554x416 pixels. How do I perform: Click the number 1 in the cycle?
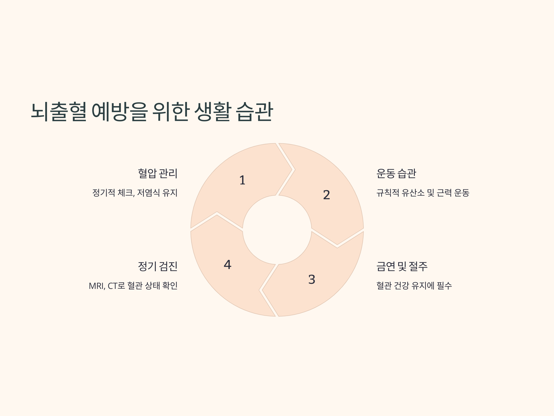pyautogui.click(x=242, y=180)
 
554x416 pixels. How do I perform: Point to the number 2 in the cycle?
pyautogui.click(x=326, y=195)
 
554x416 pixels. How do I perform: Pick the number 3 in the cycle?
pyautogui.click(x=312, y=279)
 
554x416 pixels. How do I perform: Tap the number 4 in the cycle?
pyautogui.click(x=227, y=265)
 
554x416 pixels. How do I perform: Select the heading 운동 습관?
pyautogui.click(x=396, y=173)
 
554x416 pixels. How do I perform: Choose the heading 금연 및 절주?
pyautogui.click(x=402, y=266)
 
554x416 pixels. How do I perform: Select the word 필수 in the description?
pyautogui.click(x=444, y=286)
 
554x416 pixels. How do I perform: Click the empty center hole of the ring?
pyautogui.click(x=277, y=230)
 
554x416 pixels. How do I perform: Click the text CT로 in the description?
pyautogui.click(x=116, y=286)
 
